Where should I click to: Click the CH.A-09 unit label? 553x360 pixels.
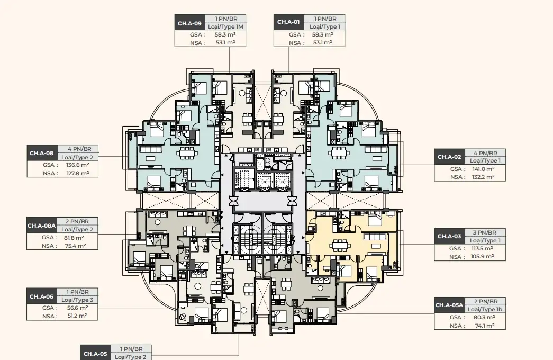[x=189, y=23]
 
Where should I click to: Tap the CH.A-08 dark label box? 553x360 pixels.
[x=42, y=153]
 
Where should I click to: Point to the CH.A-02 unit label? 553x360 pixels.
[x=449, y=157]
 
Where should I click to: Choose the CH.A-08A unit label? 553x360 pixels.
[x=42, y=226]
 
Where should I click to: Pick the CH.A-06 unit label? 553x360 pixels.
[x=42, y=296]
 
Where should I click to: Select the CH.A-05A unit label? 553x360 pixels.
[x=449, y=305]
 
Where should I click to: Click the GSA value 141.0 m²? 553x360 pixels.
[x=484, y=169]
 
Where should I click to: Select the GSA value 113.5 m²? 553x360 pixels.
[x=482, y=248]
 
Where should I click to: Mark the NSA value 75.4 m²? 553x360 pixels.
[x=76, y=246]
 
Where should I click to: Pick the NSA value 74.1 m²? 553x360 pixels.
[x=484, y=326]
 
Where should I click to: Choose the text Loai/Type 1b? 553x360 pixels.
[x=485, y=309]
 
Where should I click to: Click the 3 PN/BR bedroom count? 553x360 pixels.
[x=485, y=232]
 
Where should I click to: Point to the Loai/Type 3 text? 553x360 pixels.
[x=78, y=300]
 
